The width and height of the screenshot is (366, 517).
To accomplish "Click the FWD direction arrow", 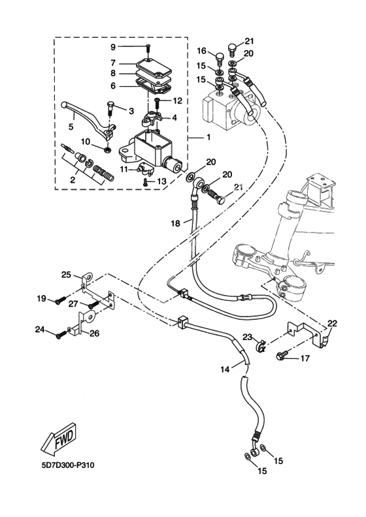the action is [59, 437].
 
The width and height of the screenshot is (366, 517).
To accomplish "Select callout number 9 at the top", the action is [113, 47].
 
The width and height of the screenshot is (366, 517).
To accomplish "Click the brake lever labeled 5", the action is [89, 119].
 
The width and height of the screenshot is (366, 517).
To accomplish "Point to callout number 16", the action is [202, 51].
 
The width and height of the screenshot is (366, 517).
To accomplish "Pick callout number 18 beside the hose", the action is [176, 223].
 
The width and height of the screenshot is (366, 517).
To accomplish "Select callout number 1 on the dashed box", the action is [208, 136].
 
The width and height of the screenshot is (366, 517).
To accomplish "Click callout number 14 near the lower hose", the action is [225, 369].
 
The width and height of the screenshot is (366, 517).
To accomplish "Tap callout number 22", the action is [332, 324].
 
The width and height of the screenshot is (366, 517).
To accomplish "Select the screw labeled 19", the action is [59, 302].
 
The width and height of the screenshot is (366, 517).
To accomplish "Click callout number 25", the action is [66, 274].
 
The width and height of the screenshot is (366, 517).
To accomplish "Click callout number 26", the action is [94, 334].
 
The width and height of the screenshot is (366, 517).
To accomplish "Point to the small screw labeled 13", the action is [146, 181].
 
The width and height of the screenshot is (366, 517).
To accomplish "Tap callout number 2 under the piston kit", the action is [73, 180].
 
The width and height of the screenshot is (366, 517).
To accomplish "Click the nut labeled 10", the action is [107, 150].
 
